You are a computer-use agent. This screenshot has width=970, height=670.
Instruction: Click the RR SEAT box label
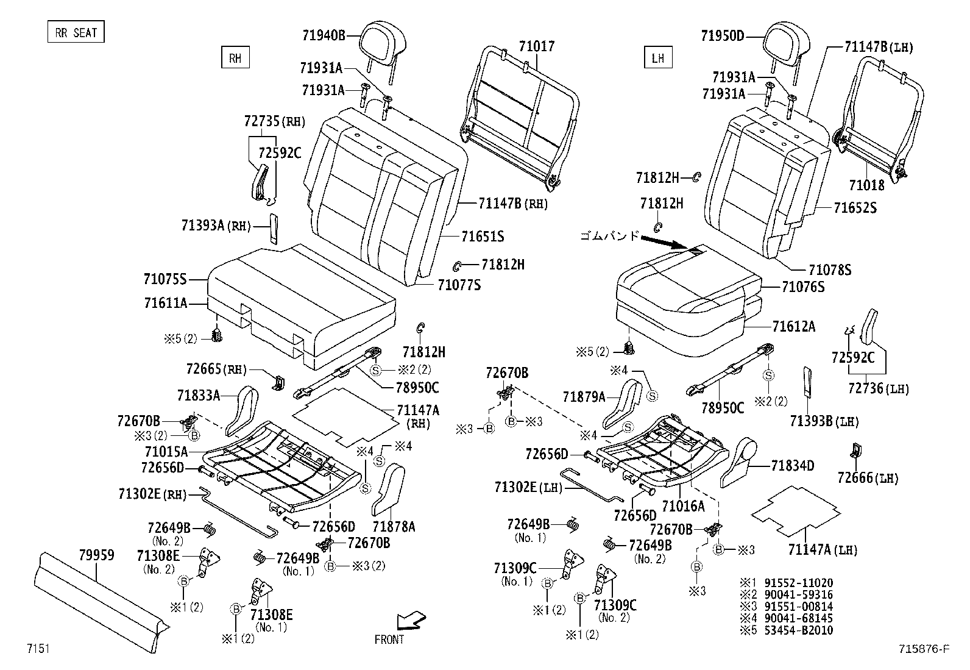click(x=76, y=32)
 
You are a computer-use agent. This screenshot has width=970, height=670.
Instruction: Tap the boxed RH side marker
click(x=235, y=58)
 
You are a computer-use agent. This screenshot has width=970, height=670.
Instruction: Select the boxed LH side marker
click(x=657, y=58)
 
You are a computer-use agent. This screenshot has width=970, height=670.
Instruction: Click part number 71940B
click(x=323, y=36)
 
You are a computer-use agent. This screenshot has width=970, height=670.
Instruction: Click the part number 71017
click(x=537, y=46)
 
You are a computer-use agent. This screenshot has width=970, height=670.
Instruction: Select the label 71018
click(x=867, y=185)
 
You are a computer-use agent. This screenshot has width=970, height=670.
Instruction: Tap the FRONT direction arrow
click(x=411, y=621)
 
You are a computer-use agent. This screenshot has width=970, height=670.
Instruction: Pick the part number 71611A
click(x=165, y=303)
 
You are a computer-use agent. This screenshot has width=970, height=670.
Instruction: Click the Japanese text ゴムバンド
click(x=609, y=235)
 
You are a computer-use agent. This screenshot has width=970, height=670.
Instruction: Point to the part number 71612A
click(x=793, y=327)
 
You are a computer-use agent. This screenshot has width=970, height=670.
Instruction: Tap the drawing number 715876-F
click(x=923, y=649)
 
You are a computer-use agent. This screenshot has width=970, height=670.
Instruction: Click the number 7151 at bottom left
click(x=38, y=648)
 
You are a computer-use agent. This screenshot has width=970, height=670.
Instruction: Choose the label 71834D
click(x=792, y=466)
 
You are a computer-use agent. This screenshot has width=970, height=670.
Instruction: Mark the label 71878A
click(x=394, y=526)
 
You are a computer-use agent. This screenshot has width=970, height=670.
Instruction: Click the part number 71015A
click(x=166, y=452)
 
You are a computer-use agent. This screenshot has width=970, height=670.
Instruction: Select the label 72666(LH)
click(x=868, y=479)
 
